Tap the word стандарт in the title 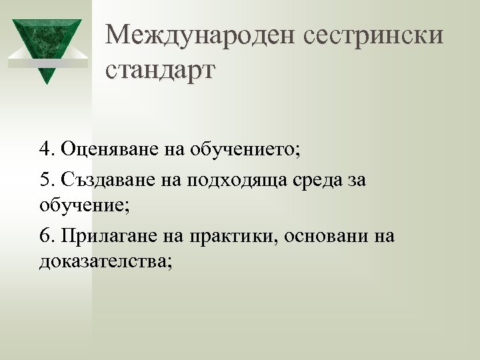161,69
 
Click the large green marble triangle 46,41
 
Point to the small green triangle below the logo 46,75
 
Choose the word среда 312,181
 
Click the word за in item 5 355,181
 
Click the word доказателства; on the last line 105,261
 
